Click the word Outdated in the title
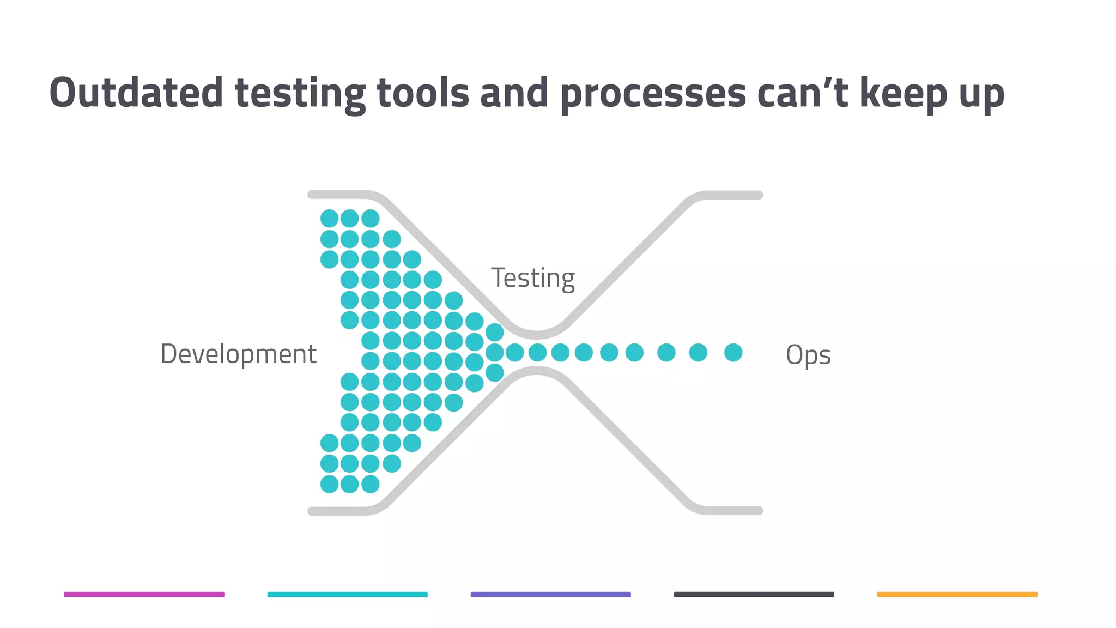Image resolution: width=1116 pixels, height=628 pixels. point(136,93)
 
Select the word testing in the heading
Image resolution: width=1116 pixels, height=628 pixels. point(300,94)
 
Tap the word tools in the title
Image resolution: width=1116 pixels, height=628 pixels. point(423,93)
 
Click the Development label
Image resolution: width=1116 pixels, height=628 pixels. point(238,354)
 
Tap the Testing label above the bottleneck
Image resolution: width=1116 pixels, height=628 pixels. point(533,279)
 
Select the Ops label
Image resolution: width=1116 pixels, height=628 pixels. point(808,355)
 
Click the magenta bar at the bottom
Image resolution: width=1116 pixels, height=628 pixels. point(144,594)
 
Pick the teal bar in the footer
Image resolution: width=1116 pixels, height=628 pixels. point(348,594)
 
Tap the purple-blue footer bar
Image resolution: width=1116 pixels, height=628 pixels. point(551,594)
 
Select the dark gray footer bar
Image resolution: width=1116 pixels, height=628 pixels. point(754,594)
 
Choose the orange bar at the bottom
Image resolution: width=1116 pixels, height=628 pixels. point(957,594)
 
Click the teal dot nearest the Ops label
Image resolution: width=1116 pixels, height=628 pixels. point(733,353)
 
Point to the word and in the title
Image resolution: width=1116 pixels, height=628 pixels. point(514,93)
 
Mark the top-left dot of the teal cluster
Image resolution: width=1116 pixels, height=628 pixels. point(329,219)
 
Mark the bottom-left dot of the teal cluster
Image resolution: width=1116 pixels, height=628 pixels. point(329,484)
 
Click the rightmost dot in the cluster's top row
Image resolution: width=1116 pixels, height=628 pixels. point(371,219)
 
